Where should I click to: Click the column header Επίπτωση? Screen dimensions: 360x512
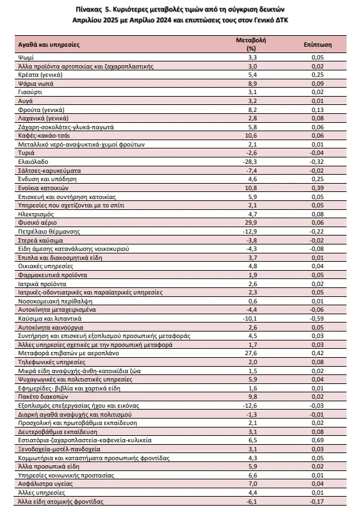[317, 45]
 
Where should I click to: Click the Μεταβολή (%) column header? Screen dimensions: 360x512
[251, 44]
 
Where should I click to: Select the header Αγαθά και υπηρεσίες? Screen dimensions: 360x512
[49, 45]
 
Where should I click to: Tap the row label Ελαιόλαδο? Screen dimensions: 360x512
[33, 162]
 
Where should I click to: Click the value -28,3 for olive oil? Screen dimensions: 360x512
[250, 162]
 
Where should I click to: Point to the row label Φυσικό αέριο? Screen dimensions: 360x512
[38, 223]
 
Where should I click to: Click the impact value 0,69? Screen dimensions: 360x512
[318, 440]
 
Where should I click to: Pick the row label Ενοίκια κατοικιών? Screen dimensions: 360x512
[44, 188]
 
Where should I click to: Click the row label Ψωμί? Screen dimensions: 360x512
[26, 58]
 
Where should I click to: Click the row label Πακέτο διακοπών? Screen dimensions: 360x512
[43, 397]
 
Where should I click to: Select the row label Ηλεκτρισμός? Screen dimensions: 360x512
[36, 214]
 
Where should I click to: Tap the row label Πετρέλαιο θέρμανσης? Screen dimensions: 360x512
[49, 232]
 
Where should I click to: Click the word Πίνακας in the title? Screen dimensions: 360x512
[87, 9]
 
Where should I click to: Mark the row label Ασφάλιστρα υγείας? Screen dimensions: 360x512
[45, 484]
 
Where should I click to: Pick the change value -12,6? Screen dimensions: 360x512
[250, 406]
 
